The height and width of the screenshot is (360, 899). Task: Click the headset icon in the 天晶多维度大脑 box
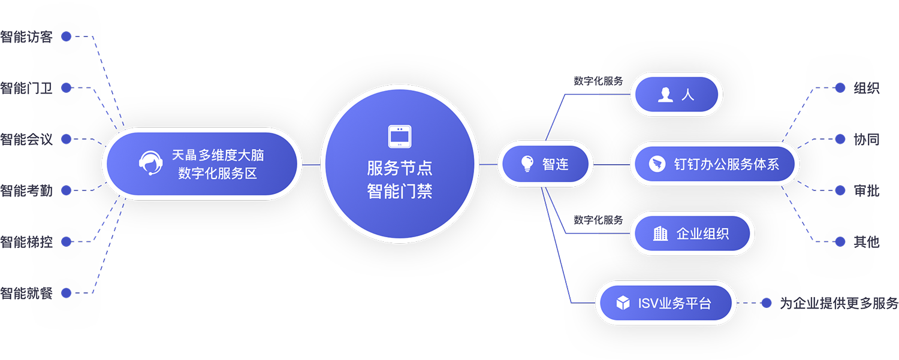(150, 163)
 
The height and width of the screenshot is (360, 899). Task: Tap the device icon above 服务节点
(399, 137)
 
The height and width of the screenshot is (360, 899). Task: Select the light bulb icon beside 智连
(527, 163)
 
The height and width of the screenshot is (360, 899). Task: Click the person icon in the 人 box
(666, 95)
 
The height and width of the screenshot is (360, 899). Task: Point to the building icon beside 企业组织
(660, 233)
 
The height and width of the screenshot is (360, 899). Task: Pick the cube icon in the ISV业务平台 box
(624, 303)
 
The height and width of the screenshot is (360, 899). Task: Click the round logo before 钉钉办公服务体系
(657, 164)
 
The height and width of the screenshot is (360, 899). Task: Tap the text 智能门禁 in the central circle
(400, 192)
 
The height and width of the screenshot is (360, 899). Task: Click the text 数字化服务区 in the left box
(218, 174)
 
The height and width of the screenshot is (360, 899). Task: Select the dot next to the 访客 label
(67, 37)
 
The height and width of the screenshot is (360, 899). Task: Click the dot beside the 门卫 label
(67, 88)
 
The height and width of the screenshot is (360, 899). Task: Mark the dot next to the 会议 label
(67, 139)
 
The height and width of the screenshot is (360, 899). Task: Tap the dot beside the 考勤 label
(67, 190)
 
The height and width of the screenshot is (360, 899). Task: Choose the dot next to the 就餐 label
(67, 293)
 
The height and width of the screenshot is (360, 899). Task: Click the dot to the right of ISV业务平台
(766, 303)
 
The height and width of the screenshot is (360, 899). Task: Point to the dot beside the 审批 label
(840, 190)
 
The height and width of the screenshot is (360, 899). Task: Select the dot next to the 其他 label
(840, 242)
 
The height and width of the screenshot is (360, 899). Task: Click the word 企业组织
(702, 234)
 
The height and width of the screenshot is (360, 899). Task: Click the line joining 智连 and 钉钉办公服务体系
(611, 164)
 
